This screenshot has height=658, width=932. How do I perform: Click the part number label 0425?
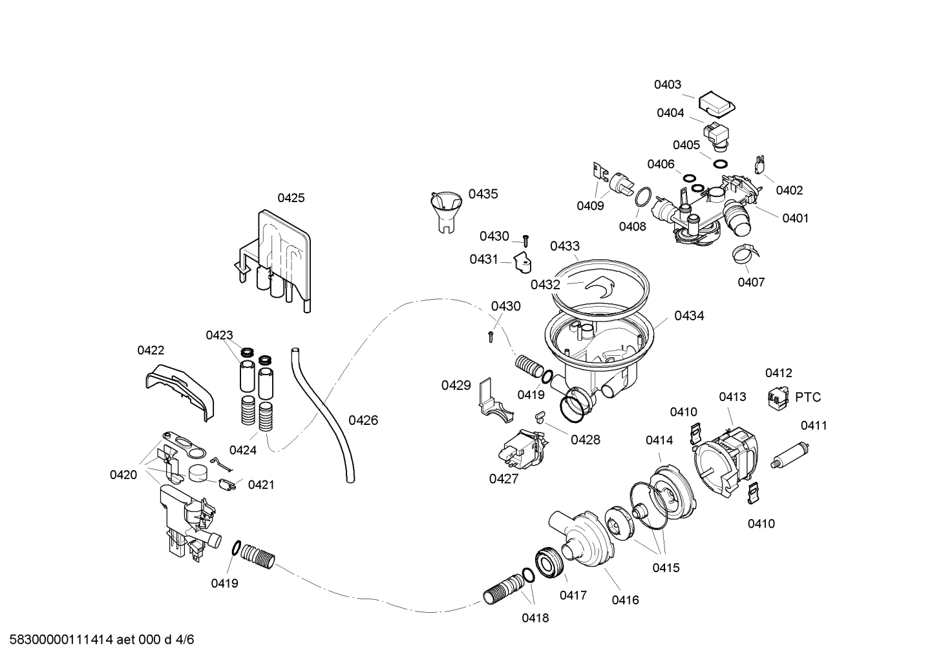(x=291, y=198)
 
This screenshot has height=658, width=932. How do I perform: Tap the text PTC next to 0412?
(x=808, y=397)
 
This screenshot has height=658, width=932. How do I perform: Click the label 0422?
(x=151, y=350)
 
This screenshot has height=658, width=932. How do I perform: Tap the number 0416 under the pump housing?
(x=625, y=600)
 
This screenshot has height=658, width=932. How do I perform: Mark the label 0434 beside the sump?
(x=689, y=316)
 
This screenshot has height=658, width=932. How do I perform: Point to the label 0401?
(x=795, y=218)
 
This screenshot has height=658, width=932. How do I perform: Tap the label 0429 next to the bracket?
(x=456, y=386)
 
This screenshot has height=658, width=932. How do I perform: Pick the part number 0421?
(x=261, y=484)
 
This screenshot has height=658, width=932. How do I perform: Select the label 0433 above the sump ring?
(x=565, y=246)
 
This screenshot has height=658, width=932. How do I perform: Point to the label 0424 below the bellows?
(x=243, y=450)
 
